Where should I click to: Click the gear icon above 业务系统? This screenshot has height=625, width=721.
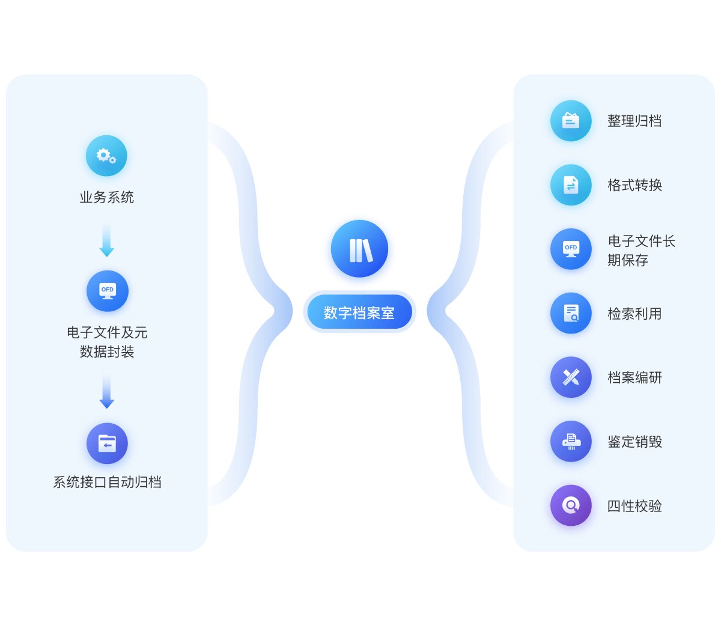106,156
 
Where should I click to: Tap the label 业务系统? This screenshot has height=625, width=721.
107,198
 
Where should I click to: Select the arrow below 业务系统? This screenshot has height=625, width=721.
107,239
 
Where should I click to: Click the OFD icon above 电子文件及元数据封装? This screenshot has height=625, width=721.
108,291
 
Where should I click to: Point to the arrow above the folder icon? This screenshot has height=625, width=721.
107,391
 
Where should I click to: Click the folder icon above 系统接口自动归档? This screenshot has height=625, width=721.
107,444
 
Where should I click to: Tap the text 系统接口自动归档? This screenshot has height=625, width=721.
107,483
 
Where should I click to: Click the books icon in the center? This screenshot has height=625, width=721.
360,249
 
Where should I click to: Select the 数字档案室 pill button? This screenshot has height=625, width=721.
360,312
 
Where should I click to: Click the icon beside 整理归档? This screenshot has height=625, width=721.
571,121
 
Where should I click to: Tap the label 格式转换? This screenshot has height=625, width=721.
635,185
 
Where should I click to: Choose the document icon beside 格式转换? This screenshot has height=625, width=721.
571,185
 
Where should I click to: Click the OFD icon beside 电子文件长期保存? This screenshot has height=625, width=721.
571,249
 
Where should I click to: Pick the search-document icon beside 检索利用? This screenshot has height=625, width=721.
571,313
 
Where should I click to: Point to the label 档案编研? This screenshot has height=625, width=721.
635,377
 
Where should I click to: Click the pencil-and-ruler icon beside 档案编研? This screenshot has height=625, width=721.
571,377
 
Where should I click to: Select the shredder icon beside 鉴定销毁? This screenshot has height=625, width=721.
571,442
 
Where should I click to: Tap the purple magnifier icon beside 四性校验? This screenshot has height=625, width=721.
571,505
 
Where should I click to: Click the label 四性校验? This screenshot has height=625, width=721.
635,506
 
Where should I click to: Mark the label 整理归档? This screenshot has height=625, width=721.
635,121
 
